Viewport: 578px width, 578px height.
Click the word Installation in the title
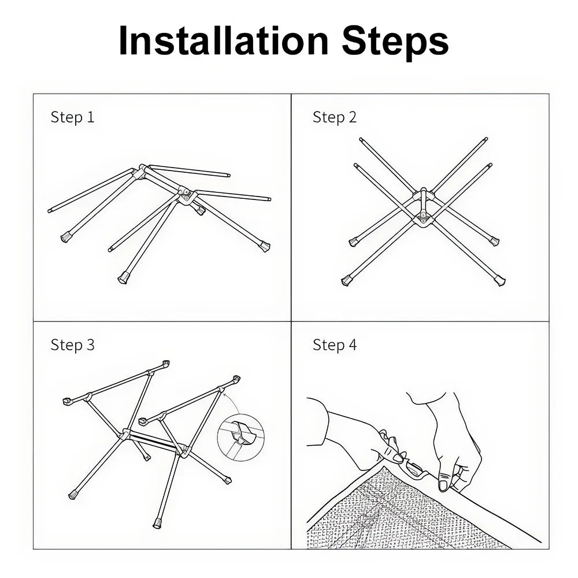(x=223, y=40)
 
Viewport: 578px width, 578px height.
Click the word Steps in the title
(x=395, y=42)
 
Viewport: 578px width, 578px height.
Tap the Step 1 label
(x=73, y=117)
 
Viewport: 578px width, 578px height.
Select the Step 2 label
(x=335, y=117)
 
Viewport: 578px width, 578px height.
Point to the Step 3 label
(x=73, y=345)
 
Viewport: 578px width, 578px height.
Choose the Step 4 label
(x=335, y=345)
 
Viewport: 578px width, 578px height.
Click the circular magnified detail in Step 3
(x=241, y=437)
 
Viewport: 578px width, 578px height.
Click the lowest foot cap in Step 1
(x=123, y=277)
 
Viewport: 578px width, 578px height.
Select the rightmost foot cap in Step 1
(x=265, y=246)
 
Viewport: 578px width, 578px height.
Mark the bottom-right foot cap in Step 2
(x=500, y=281)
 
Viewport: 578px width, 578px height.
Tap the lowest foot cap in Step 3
(x=158, y=523)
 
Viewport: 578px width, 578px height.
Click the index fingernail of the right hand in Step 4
(x=443, y=485)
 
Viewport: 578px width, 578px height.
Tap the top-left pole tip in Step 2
(x=361, y=140)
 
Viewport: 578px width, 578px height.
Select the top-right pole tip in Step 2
(x=486, y=139)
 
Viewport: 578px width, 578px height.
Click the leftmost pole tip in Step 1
(x=50, y=211)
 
